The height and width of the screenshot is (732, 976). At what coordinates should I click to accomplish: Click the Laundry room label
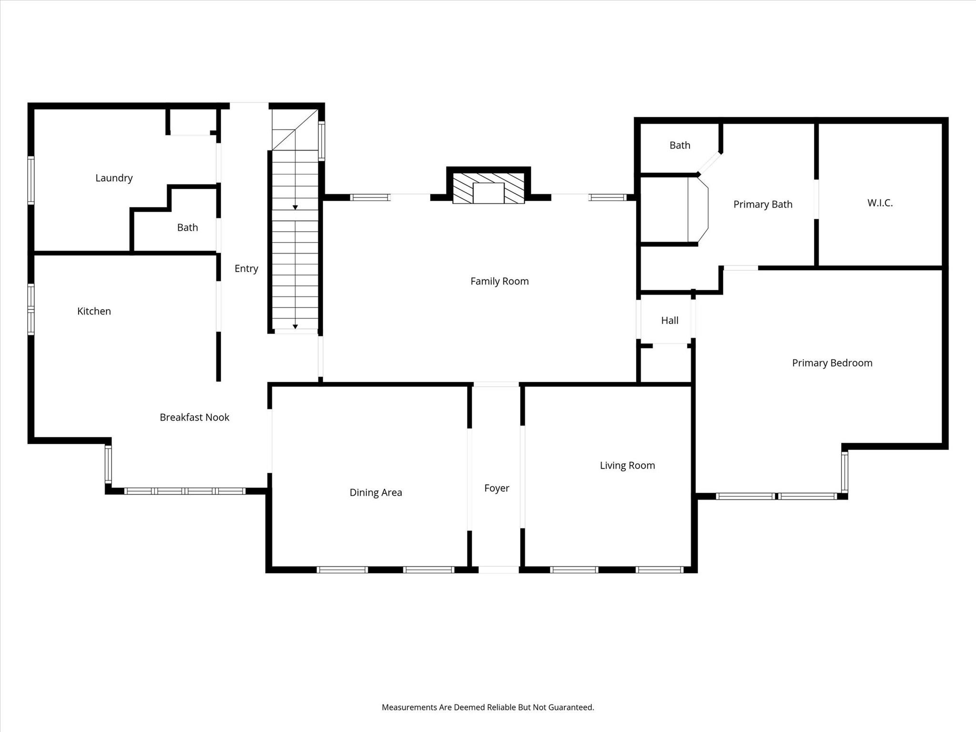tap(114, 178)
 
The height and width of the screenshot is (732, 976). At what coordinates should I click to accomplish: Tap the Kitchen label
tap(94, 311)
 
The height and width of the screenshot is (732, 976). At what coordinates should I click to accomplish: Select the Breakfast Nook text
tap(194, 417)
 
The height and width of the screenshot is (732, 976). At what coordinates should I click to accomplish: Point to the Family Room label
tap(499, 281)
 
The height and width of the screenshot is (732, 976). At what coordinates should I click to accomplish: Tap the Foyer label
tap(497, 488)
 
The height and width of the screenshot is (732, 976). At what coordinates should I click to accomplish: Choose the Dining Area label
tap(376, 492)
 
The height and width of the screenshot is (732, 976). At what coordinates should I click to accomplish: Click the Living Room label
tap(627, 465)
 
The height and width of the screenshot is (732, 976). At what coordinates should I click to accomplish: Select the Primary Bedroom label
tap(832, 363)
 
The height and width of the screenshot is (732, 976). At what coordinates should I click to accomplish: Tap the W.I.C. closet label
tap(880, 203)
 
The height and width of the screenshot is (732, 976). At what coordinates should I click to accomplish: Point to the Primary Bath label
tap(762, 204)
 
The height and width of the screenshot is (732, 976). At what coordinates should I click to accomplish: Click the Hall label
tap(670, 320)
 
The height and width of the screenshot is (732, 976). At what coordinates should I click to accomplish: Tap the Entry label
tap(246, 268)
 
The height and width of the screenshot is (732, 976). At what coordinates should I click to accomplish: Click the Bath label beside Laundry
tap(187, 227)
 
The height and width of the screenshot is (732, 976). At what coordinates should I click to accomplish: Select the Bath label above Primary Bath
tap(680, 145)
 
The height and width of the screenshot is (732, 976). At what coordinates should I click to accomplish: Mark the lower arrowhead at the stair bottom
tap(295, 326)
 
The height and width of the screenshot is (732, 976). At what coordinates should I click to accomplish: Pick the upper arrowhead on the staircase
tap(295, 207)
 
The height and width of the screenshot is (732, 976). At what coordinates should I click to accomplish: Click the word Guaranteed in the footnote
tap(570, 707)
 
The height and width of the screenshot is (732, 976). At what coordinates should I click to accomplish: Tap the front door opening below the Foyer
tap(498, 569)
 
